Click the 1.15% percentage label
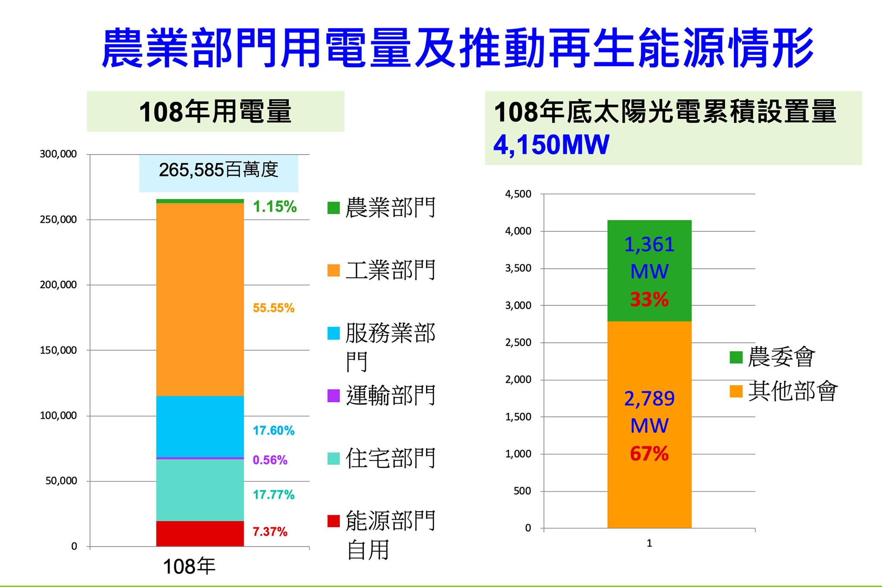tap(274, 207)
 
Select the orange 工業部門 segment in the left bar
tap(200, 299)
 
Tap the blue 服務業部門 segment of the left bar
tap(200, 426)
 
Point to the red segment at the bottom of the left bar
tap(200, 534)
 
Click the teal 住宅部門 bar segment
tap(200, 490)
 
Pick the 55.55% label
tap(273, 308)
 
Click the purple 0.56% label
tap(270, 460)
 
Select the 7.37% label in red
tap(270, 532)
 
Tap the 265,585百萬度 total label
tap(218, 170)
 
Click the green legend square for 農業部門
tap(334, 208)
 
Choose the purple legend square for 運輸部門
tap(334, 396)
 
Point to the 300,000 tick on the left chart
tap(58, 154)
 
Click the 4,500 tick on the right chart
tap(518, 194)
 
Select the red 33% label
tap(649, 299)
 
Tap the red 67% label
tap(649, 454)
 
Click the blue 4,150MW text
tap(551, 145)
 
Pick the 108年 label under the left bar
tap(189, 567)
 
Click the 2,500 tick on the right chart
tap(518, 343)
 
